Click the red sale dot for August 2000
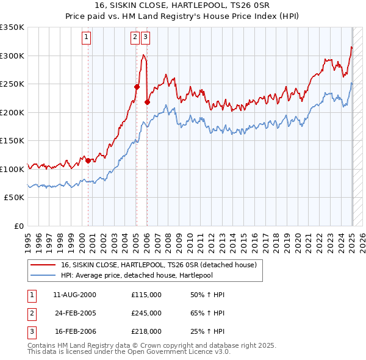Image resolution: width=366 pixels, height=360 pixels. click(88, 161)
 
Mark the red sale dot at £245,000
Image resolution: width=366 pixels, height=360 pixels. click(137, 87)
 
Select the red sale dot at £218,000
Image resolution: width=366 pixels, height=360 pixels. click(147, 103)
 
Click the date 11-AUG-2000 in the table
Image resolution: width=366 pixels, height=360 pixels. click(75, 295)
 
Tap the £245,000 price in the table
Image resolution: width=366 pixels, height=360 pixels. click(146, 313)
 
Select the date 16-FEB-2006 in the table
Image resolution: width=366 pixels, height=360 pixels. click(76, 331)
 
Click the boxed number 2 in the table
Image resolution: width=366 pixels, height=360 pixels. click(30, 313)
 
